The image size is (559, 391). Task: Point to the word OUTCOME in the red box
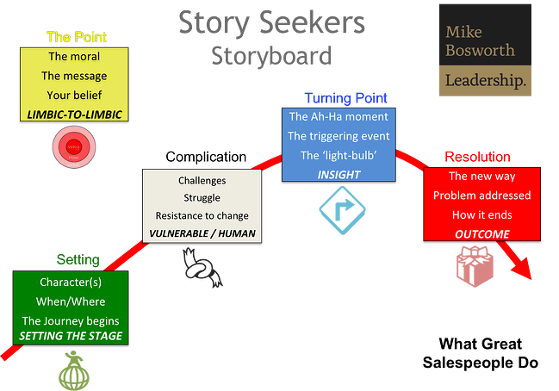[481, 233]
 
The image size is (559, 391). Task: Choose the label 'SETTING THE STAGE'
[70, 335]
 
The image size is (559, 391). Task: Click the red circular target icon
[73, 146]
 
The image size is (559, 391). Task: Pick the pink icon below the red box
[476, 266]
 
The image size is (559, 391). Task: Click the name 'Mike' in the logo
[463, 32]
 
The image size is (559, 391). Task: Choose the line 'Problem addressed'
[481, 195]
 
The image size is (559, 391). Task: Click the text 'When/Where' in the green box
[70, 301]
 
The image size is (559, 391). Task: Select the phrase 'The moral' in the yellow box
[73, 57]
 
